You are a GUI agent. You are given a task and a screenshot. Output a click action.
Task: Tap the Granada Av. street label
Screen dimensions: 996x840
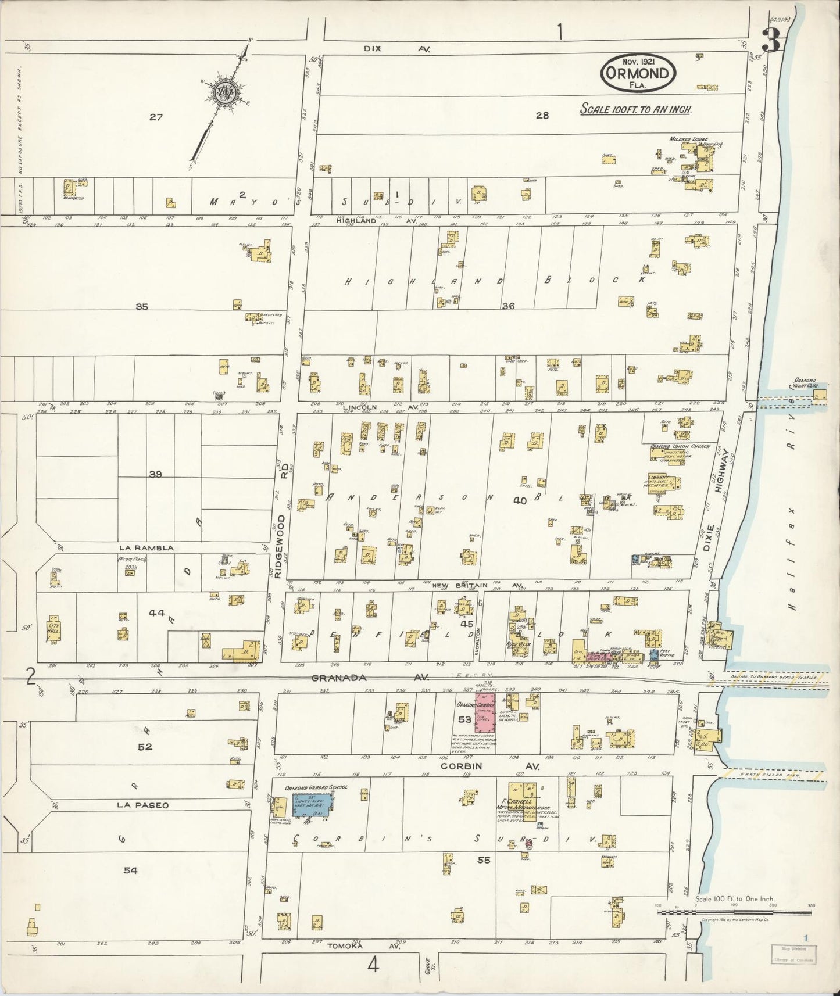pos(370,678)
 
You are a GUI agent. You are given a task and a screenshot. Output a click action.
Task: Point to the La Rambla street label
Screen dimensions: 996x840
pos(146,547)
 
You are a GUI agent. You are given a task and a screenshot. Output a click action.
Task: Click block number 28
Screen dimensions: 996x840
pos(542,116)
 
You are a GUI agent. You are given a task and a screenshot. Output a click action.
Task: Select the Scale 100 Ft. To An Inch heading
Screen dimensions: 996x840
pos(635,109)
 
